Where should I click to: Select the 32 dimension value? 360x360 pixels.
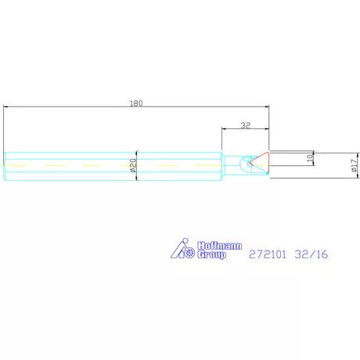point(245,124)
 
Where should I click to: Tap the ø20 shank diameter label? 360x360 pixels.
point(134,166)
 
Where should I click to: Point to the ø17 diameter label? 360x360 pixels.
point(333,166)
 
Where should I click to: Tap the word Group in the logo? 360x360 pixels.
point(211,254)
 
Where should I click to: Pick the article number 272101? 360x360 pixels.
point(266,254)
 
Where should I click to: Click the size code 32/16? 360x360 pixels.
point(309,254)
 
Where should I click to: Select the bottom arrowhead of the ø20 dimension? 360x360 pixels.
point(138,179)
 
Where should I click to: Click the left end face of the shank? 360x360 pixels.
point(4,166)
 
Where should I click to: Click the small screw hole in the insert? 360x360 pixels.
point(251,164)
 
